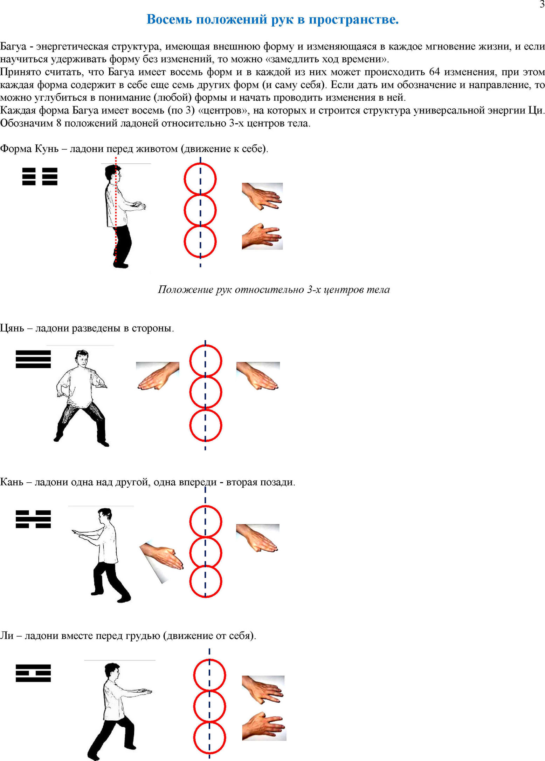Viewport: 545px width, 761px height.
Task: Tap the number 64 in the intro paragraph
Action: tap(434, 72)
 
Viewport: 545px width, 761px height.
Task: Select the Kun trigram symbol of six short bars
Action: tap(40, 176)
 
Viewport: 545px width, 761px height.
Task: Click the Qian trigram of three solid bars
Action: tap(33, 359)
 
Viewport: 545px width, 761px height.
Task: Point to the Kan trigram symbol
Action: tap(33, 519)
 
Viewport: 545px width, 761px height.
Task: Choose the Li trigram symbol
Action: tap(33, 673)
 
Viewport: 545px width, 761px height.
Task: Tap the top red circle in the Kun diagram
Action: tap(200, 179)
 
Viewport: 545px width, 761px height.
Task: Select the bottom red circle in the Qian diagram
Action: tap(206, 425)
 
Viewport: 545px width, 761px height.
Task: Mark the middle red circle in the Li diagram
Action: tap(209, 706)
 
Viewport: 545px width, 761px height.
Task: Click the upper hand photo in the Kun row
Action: tap(262, 196)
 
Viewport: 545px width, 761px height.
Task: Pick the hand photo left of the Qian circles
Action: tap(158, 376)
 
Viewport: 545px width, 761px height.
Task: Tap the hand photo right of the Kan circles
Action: tap(258, 538)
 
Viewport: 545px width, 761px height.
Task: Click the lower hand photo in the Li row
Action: tap(264, 726)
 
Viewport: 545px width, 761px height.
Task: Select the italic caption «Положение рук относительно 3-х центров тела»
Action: tap(274, 290)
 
